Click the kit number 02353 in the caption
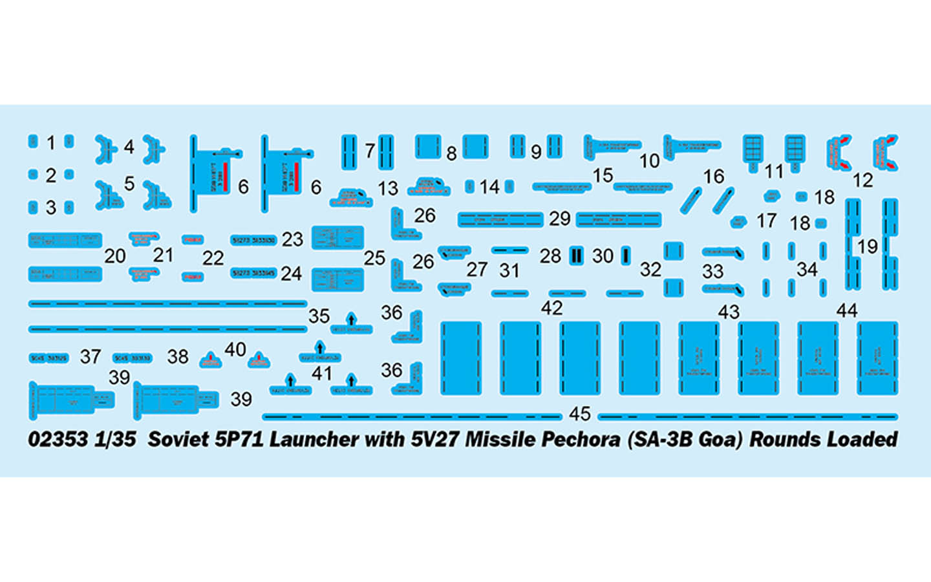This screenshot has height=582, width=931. pos(58,439)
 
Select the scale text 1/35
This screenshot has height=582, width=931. pos(115,439)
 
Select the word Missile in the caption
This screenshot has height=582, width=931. pos(500,439)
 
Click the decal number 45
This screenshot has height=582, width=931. pos(580,413)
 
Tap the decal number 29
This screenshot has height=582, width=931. pos(560,219)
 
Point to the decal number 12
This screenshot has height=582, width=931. pos(862,180)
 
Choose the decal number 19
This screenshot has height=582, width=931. pos(868,246)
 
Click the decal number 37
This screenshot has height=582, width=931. pos(91,356)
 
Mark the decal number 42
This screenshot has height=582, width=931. pos(551,308)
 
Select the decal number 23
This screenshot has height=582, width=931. pos(292,239)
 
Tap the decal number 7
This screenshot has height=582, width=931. pos(370,151)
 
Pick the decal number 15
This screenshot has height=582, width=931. pos(603,175)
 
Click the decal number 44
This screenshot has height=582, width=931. pos(847,311)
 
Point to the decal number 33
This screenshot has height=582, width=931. pos(712,271)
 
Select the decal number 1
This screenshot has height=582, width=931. pos(51,142)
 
